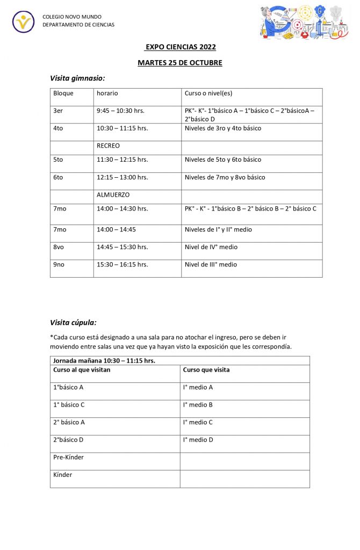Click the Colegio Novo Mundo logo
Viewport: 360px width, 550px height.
[x=23, y=21]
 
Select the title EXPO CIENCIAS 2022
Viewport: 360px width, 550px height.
[x=180, y=47]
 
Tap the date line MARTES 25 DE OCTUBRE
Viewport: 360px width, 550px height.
[x=179, y=63]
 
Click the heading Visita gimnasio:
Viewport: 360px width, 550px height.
[x=77, y=78]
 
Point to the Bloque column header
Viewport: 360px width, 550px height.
[x=63, y=93]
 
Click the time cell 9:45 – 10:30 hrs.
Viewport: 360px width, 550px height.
[x=120, y=111]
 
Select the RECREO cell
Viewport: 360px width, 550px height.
[x=108, y=146]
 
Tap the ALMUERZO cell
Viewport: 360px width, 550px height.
[x=113, y=195]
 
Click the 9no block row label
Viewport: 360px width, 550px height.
[x=60, y=264]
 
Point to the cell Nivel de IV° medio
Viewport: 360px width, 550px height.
[x=211, y=247]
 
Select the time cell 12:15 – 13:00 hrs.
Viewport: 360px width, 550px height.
[x=122, y=177]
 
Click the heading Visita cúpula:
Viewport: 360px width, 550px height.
[x=73, y=323]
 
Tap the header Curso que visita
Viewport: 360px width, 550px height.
[x=206, y=370]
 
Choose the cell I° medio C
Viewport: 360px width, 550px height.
[x=198, y=422]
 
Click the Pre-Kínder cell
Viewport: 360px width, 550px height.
[x=68, y=457]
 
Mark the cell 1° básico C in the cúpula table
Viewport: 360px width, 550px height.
[x=69, y=404]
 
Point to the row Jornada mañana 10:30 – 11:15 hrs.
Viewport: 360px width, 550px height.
[x=104, y=360]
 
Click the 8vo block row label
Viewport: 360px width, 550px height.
[x=60, y=247]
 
